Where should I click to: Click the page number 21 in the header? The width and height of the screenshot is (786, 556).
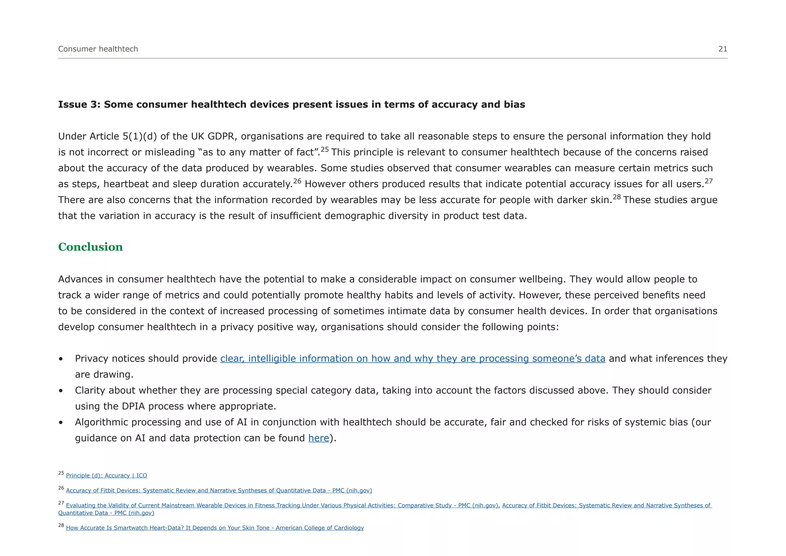(723, 49)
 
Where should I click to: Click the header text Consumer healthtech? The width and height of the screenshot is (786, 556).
(98, 49)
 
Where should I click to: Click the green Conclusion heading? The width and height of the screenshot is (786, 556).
(90, 247)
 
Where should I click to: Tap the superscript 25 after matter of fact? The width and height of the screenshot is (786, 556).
(325, 149)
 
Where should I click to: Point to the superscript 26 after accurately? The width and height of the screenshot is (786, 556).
(297, 181)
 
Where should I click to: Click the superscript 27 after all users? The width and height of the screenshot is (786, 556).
(708, 181)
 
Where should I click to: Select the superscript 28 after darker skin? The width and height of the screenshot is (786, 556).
(616, 197)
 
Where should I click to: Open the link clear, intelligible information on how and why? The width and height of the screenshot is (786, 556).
(413, 359)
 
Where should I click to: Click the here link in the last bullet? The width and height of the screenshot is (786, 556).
(319, 438)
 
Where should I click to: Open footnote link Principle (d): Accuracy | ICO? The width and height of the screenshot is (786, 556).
(106, 476)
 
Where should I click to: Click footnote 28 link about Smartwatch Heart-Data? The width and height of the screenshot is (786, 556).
(215, 528)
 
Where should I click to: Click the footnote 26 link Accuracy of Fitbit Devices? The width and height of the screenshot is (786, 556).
(219, 491)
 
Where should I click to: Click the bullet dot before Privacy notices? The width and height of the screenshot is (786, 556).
(61, 359)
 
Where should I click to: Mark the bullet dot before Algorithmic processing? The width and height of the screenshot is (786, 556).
(61, 423)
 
